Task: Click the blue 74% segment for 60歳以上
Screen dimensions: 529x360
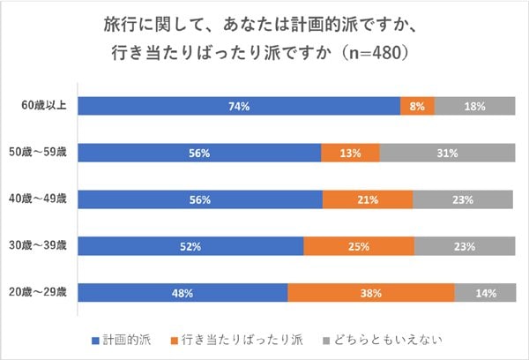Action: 239,106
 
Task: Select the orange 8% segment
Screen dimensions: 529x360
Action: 418,106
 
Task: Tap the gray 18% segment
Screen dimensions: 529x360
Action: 475,106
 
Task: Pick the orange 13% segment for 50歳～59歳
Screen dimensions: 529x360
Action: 351,153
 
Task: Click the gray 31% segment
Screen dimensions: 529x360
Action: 447,153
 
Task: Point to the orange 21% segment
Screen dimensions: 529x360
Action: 368,199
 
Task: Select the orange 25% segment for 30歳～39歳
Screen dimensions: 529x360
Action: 359,246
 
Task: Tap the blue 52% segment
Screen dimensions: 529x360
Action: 190,246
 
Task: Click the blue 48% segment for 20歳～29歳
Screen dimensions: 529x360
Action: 183,292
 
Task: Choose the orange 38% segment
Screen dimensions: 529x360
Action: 371,292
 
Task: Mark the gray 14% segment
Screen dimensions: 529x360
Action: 485,292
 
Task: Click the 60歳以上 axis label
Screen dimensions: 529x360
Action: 44,105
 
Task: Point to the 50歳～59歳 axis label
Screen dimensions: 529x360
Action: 38,152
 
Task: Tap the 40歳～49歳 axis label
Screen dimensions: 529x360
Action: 38,199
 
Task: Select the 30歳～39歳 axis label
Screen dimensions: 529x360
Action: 38,245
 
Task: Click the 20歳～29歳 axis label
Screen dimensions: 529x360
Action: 38,292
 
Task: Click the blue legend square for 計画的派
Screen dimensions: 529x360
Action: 95,341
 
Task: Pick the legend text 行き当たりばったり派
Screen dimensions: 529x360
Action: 242,340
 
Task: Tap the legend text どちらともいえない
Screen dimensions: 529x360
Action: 388,340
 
